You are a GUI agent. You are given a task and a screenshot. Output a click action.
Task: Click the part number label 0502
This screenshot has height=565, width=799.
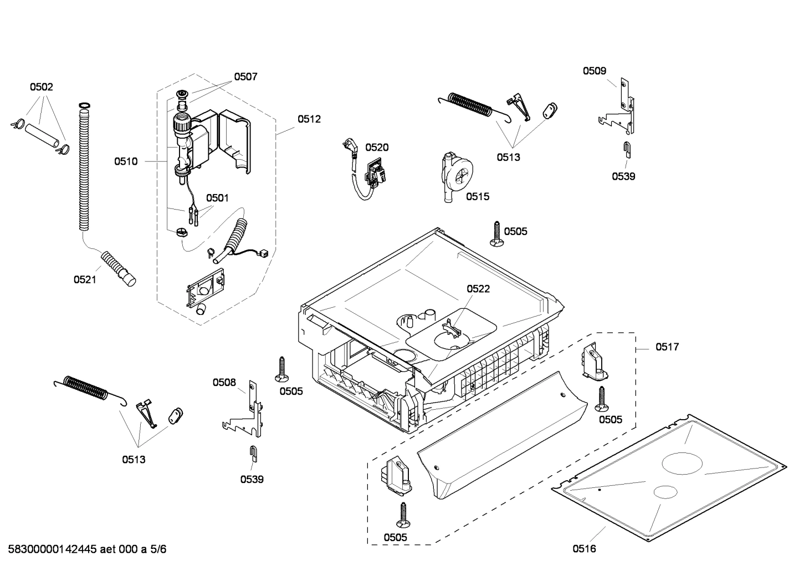pos(42,87)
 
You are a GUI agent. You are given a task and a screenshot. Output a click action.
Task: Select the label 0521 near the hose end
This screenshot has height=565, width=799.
pos(85,279)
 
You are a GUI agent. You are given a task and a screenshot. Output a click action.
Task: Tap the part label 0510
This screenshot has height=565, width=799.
pos(126,161)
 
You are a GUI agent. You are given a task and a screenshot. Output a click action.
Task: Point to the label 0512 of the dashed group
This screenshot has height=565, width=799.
pos(309,119)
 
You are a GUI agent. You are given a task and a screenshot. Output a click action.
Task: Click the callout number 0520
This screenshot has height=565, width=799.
pos(377,147)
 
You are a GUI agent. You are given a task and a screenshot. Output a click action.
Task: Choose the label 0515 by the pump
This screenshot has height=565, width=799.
pos(478,196)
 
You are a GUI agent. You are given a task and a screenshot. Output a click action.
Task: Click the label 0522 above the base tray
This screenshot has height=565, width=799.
pos(478,289)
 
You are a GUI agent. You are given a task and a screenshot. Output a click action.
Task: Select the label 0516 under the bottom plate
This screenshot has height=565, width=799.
pos(585,549)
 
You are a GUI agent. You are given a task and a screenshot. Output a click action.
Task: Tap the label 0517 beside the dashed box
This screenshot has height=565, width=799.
pos(667,347)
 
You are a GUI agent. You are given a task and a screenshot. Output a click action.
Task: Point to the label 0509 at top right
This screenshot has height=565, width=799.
pos(594,70)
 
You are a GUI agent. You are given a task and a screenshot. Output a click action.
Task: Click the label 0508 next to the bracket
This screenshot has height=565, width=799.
pos(224,382)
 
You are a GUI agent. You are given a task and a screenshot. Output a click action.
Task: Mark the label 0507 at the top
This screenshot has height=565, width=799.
pos(245,77)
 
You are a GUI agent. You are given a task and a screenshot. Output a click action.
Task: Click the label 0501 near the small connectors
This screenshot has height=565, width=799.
pos(217,198)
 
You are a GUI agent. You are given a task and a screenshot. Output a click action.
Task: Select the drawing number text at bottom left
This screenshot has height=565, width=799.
pos(86,549)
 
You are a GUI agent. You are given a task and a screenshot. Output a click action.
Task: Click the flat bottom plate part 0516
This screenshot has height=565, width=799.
pos(670,477)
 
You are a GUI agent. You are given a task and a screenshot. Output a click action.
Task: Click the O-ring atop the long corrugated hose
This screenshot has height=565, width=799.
pos(84,105)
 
